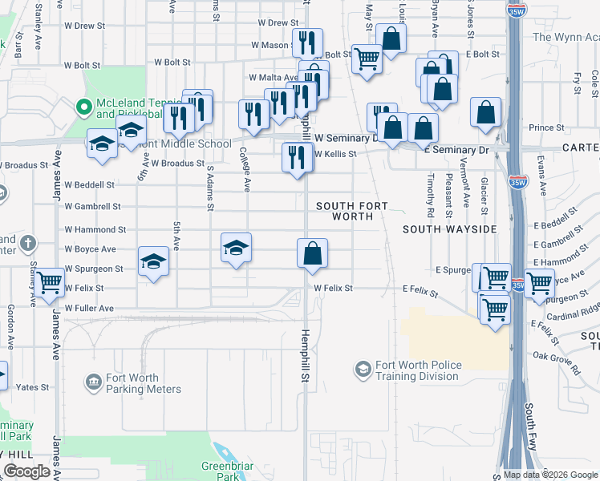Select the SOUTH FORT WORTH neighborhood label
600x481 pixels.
[351, 212]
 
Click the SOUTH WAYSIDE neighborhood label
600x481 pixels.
[450, 229]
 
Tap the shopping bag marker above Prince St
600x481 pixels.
[486, 113]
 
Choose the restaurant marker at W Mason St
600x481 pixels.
[307, 43]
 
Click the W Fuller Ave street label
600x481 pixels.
[89, 308]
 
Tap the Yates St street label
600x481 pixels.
[33, 387]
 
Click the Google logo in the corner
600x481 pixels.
[27, 471]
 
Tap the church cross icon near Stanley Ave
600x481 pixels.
[28, 243]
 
